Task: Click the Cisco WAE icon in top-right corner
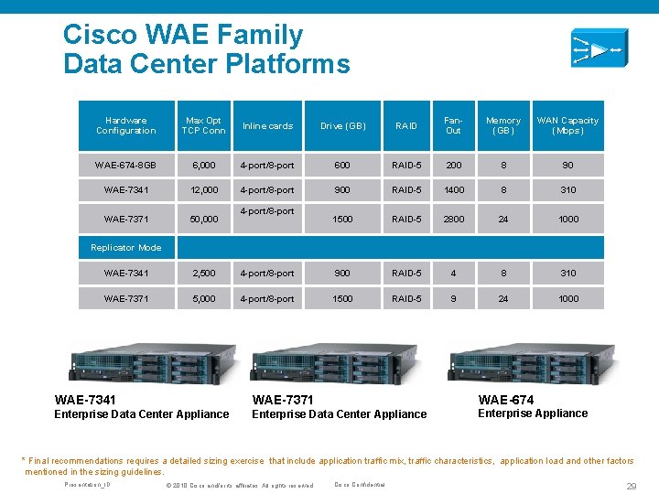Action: click(x=597, y=48)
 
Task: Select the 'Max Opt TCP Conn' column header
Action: click(x=203, y=125)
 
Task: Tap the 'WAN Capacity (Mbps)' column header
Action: click(x=567, y=125)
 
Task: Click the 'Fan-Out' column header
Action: click(x=453, y=125)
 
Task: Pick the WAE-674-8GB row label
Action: click(x=125, y=166)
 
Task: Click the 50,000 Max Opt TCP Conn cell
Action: click(x=203, y=220)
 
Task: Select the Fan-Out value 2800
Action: click(x=453, y=220)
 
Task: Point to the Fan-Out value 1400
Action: click(x=453, y=190)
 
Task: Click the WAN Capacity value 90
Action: click(x=568, y=166)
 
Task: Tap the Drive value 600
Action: click(x=342, y=166)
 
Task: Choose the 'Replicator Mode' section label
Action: click(x=125, y=248)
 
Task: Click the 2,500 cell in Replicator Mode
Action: click(x=203, y=273)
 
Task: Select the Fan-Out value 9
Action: click(x=453, y=298)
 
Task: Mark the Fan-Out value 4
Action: click(x=453, y=273)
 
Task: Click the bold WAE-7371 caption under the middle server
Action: click(x=282, y=400)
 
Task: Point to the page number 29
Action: click(x=631, y=486)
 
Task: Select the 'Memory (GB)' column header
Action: click(x=502, y=125)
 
